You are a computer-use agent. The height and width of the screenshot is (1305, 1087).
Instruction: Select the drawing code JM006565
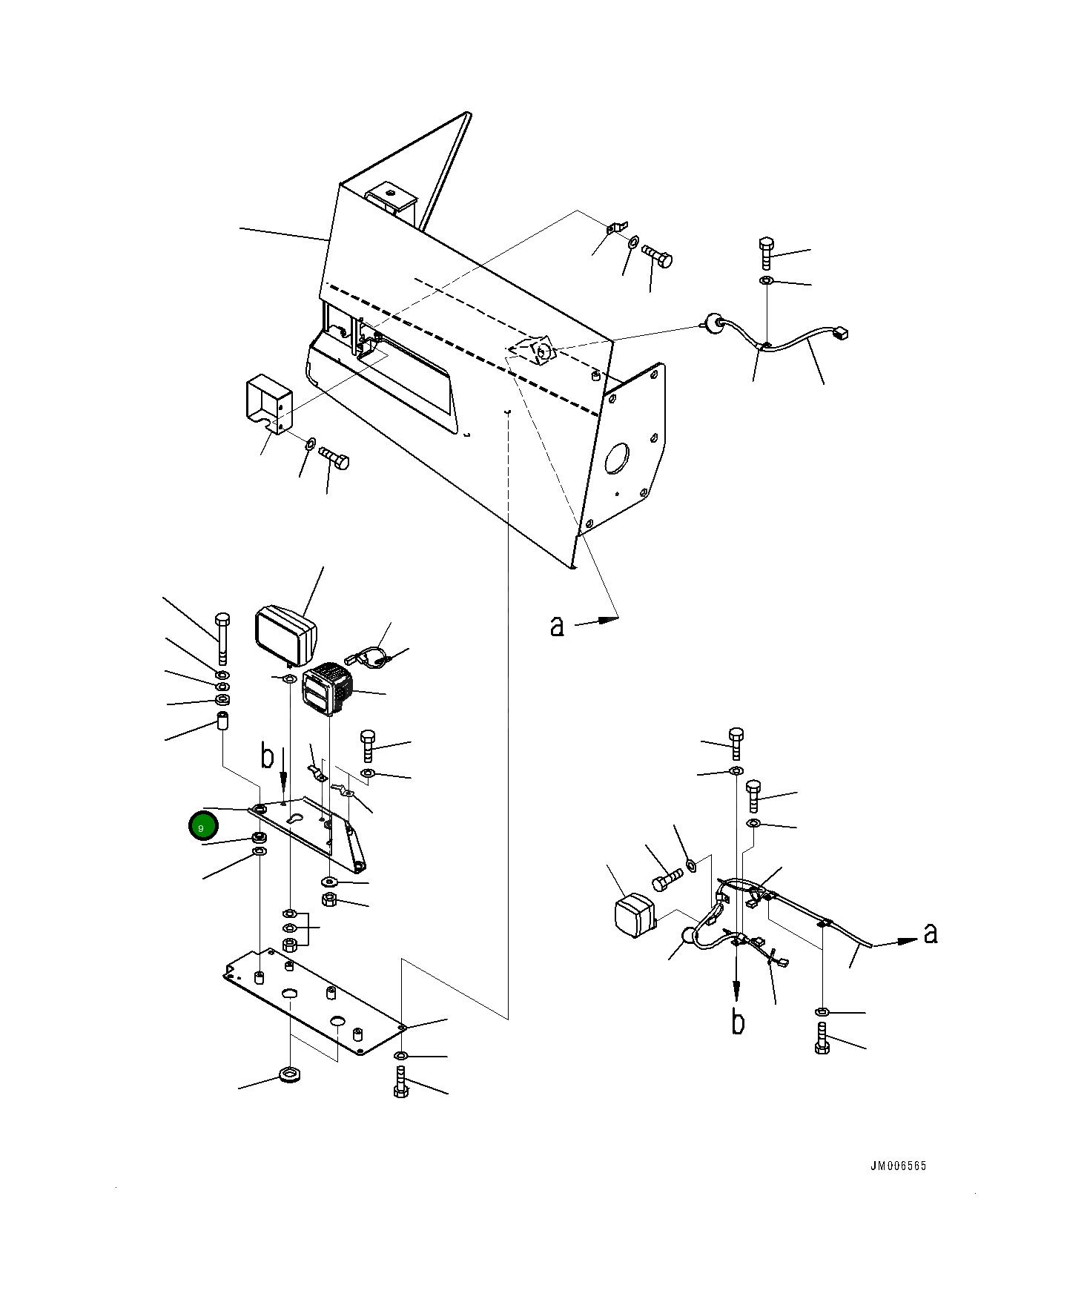click(898, 1166)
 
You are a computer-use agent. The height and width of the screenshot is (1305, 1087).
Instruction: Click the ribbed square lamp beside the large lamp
click(328, 690)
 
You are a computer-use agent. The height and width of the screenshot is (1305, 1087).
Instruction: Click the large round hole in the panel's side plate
click(617, 459)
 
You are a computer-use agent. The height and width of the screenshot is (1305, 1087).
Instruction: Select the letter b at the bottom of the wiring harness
click(738, 1022)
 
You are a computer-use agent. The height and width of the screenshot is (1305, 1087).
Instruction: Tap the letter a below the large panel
click(557, 626)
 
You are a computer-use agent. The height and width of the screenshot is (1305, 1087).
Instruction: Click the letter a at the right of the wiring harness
click(931, 934)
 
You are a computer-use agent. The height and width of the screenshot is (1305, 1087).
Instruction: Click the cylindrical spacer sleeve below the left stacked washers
click(222, 721)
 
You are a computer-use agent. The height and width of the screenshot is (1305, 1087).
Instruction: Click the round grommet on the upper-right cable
click(714, 323)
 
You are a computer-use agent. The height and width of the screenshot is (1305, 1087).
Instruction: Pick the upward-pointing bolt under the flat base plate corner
click(401, 1082)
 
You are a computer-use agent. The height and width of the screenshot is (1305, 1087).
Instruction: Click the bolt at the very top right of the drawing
click(767, 253)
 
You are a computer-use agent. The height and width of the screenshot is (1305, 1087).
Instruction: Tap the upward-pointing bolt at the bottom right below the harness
click(822, 1037)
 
